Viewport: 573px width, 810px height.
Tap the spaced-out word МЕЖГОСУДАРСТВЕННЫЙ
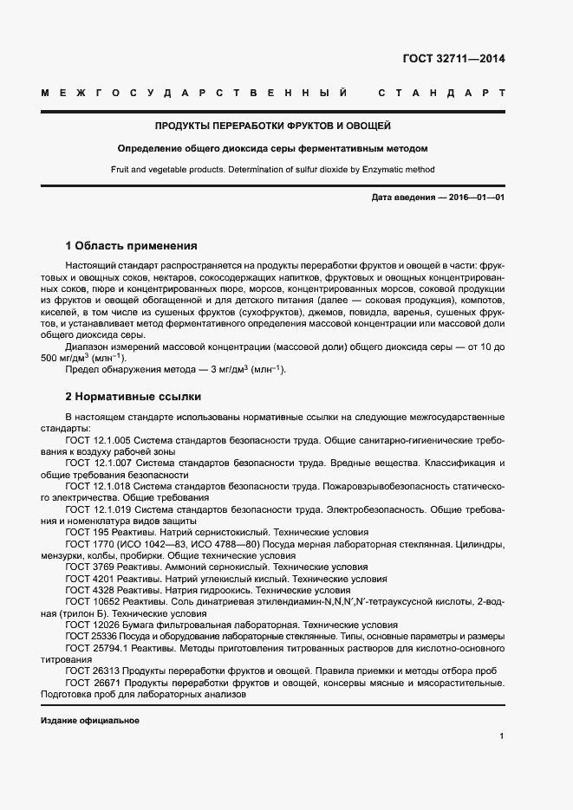(195, 92)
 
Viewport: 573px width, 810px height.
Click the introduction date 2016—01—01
(475, 198)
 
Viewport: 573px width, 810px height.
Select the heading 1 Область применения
(132, 246)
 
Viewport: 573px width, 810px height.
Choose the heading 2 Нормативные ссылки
(133, 397)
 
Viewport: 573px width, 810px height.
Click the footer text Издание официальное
(90, 721)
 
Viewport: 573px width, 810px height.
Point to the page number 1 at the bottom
(502, 736)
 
